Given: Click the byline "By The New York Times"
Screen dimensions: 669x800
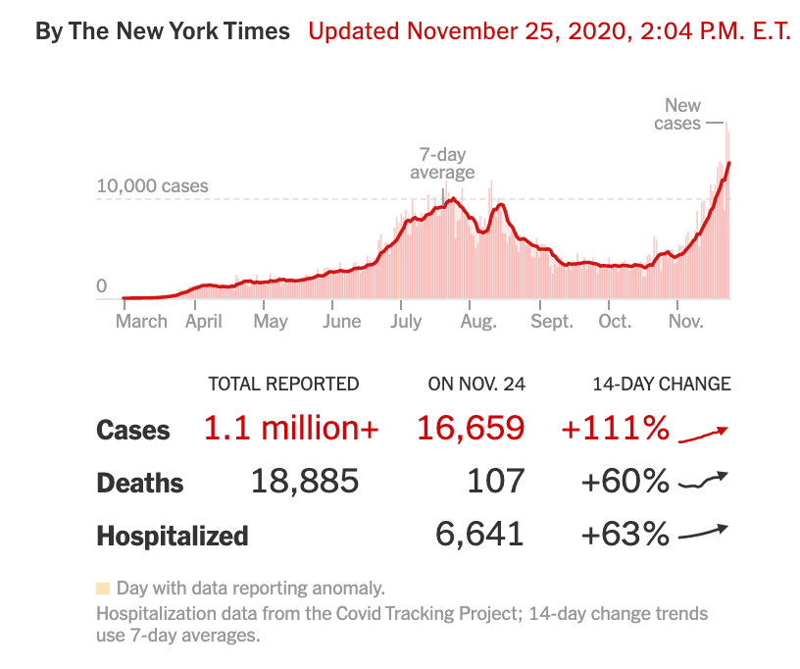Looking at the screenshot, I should (x=163, y=30).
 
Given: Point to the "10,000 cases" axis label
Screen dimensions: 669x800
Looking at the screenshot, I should (x=152, y=186).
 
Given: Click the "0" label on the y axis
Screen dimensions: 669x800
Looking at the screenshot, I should (x=101, y=286).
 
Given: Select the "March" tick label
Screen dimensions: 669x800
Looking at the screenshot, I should (x=141, y=321).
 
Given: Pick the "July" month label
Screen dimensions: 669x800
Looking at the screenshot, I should (x=405, y=321).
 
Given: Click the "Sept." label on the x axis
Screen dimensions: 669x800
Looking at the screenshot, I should (x=551, y=321).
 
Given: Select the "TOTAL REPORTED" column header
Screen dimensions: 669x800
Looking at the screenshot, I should (x=283, y=384).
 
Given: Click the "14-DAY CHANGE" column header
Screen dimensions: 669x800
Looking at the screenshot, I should (x=661, y=384).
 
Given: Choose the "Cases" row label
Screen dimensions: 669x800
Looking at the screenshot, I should (x=133, y=430).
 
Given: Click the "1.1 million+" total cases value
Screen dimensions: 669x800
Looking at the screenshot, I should (x=291, y=429).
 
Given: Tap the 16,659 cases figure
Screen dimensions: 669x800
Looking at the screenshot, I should (x=471, y=429).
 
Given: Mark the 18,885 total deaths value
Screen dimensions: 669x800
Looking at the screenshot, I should (x=305, y=482).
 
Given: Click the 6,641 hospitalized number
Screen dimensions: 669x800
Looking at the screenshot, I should (x=479, y=535).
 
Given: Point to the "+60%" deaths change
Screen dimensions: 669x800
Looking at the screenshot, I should (x=625, y=482).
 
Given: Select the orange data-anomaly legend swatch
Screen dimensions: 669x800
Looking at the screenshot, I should (x=103, y=589).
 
